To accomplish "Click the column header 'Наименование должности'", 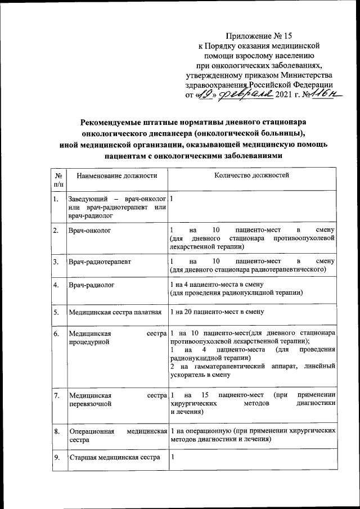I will tap(116, 176).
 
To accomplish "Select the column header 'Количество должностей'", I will tap(252, 175).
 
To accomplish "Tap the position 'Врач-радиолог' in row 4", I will tap(91, 285).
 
